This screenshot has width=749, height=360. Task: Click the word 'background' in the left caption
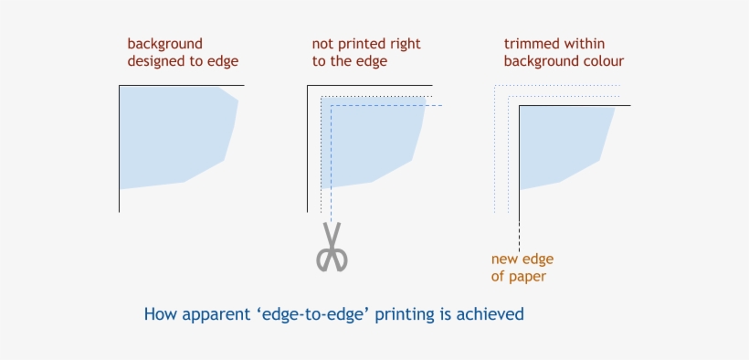[165, 44]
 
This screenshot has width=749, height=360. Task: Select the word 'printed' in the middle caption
[361, 44]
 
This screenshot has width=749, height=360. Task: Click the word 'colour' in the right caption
[603, 61]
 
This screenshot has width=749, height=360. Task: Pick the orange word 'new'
[507, 259]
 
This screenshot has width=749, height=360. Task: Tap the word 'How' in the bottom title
[158, 314]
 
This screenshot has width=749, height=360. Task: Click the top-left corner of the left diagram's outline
[120, 86]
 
